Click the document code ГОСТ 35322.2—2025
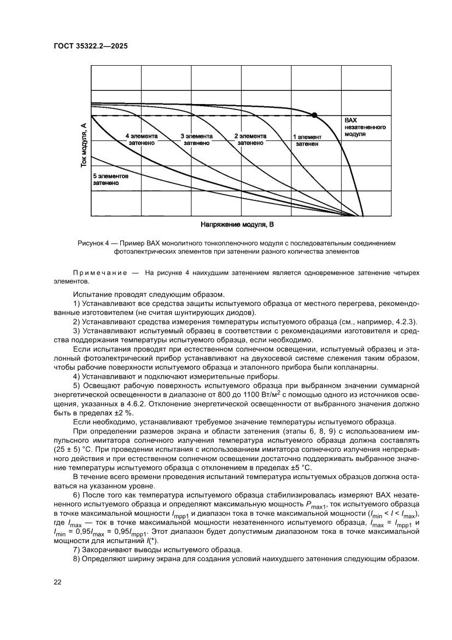[x=91, y=47]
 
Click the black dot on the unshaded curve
[x=314, y=115]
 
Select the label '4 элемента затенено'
[x=142, y=139]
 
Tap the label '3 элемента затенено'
[x=196, y=139]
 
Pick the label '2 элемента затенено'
[x=250, y=139]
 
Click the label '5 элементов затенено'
[x=110, y=180]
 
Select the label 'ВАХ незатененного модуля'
[x=365, y=126]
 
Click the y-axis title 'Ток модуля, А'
[x=84, y=145]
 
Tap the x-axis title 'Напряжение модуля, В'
[x=237, y=224]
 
